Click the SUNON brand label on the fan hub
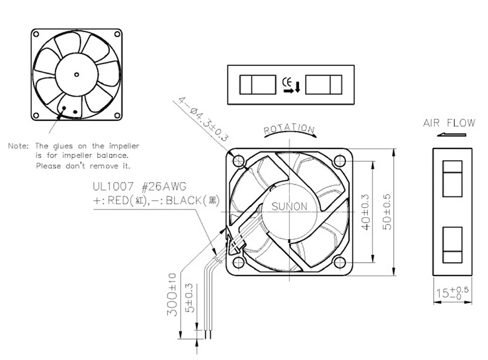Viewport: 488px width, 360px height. point(289,207)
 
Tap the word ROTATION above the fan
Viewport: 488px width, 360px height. point(289,129)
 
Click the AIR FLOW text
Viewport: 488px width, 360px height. point(449,123)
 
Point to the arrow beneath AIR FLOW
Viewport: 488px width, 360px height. point(448,134)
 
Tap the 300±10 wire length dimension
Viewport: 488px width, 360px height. point(172,295)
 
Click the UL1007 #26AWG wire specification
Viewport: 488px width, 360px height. point(140,187)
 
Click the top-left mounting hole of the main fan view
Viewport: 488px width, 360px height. point(239,160)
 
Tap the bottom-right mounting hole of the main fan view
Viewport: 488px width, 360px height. point(340,263)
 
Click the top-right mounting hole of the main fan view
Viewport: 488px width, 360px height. point(340,160)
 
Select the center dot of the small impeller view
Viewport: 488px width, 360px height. point(77,74)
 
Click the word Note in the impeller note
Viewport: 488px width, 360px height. point(18,146)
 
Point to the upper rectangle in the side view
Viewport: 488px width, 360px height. point(452,178)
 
